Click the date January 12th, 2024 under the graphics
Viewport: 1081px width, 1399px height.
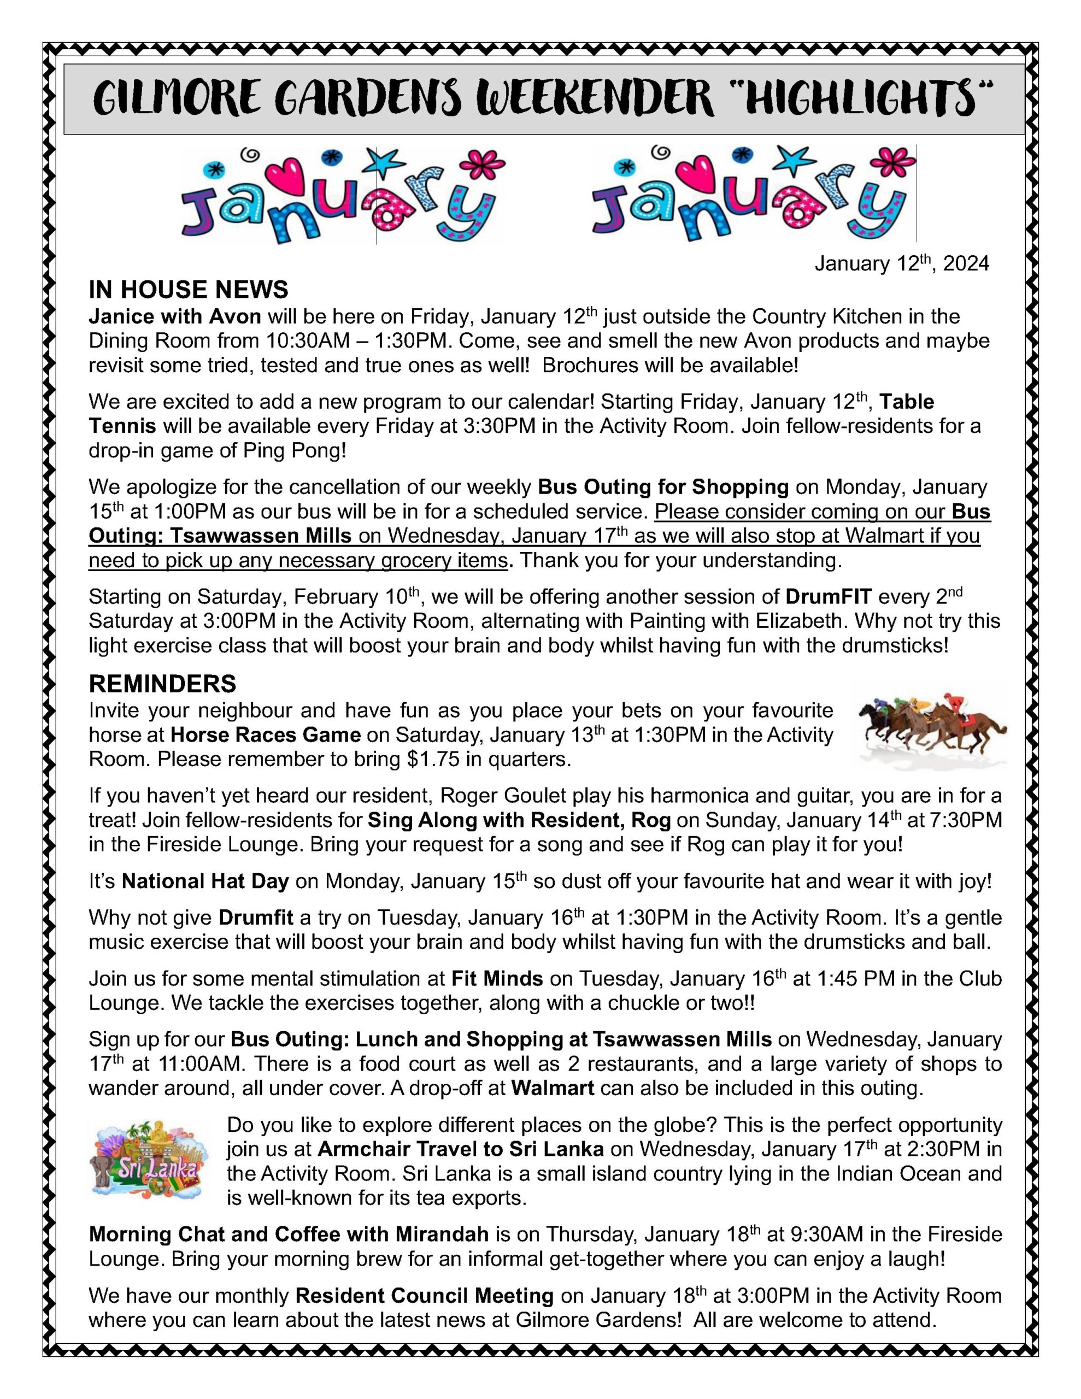[x=902, y=263]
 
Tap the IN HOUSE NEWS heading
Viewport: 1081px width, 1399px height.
[x=189, y=290]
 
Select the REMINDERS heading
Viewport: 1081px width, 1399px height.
[x=162, y=684]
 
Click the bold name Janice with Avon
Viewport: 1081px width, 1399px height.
[x=175, y=316]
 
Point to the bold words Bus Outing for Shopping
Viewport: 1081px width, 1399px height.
[x=663, y=487]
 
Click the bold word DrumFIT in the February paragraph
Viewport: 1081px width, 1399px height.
[x=829, y=596]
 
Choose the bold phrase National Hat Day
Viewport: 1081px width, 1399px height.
[x=205, y=881]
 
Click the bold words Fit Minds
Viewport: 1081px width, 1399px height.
[x=497, y=979]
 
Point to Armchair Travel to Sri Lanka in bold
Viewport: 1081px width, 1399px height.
[x=460, y=1149]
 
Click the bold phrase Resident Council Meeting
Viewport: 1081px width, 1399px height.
[x=424, y=1296]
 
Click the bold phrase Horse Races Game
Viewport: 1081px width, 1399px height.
[x=266, y=734]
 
